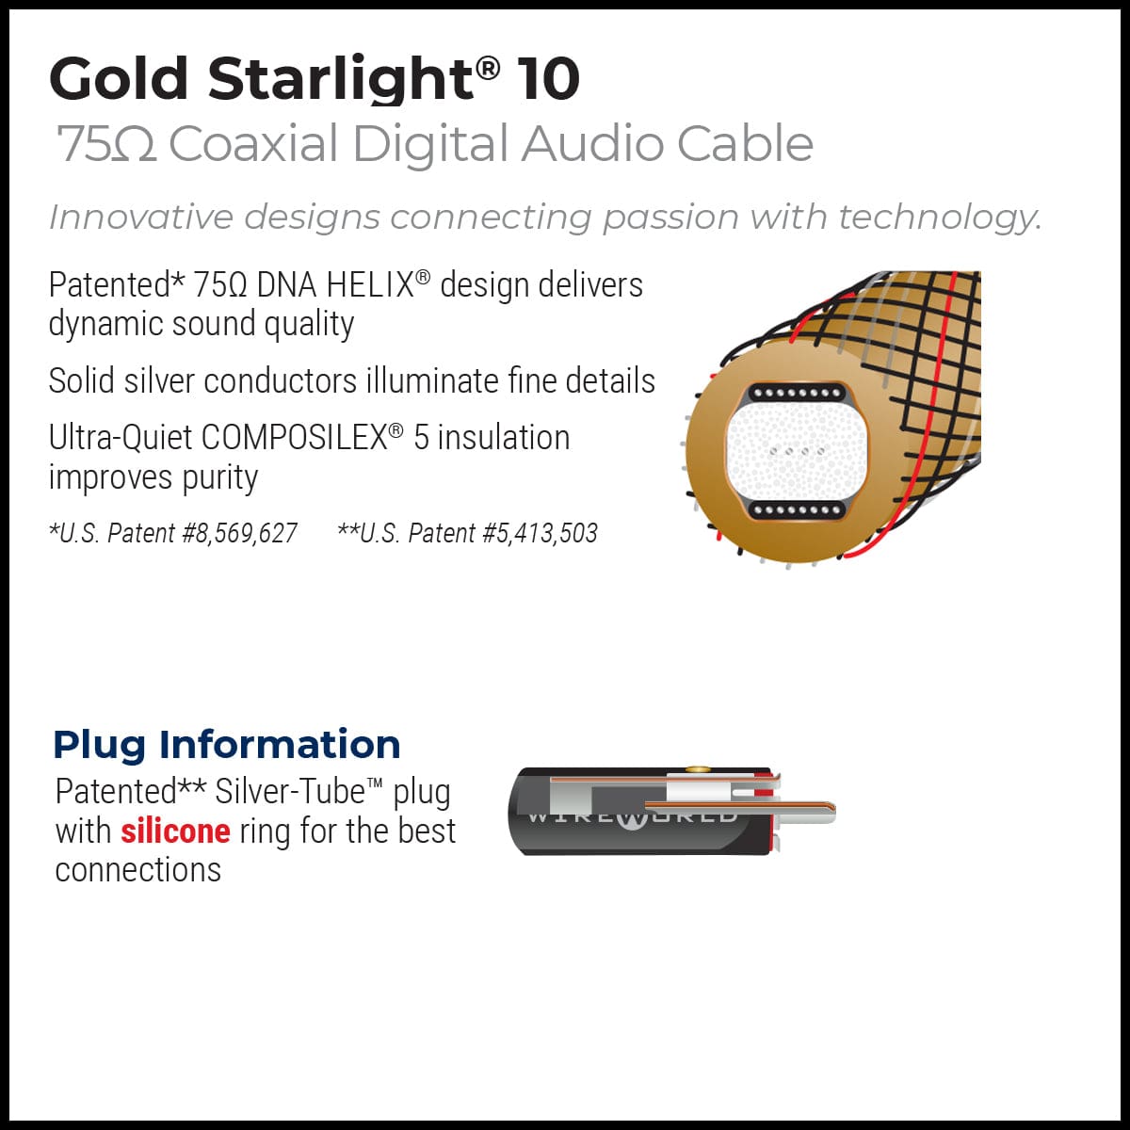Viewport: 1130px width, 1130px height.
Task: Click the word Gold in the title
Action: pos(119,79)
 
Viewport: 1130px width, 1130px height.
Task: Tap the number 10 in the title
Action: pos(547,79)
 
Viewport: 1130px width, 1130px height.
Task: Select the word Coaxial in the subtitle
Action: pos(253,144)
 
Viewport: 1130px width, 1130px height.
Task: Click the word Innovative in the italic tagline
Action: pos(140,218)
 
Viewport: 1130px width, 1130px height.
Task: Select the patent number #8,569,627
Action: pos(239,534)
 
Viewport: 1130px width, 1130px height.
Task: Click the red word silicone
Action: pos(175,831)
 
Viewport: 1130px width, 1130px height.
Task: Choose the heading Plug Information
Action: pos(227,744)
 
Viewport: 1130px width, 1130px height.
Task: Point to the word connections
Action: pos(138,870)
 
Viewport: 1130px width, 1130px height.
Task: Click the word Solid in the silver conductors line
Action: pos(85,381)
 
